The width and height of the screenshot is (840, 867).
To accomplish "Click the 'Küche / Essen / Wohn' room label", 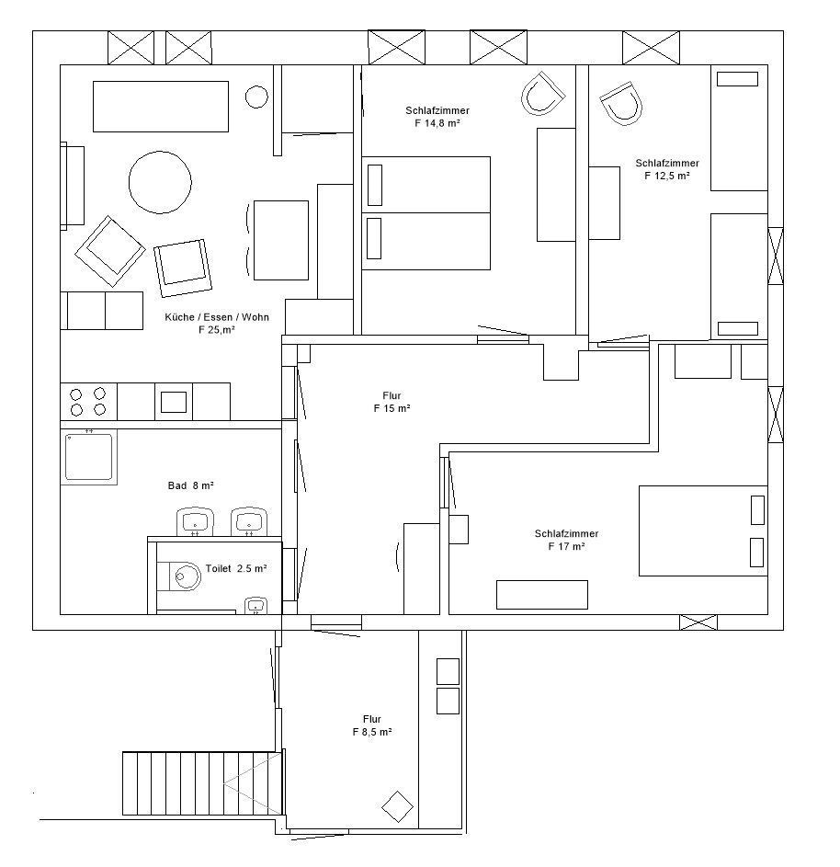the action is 217,317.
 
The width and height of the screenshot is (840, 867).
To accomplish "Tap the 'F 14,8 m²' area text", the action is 437,123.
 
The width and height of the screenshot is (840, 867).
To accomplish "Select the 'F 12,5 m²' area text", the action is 667,176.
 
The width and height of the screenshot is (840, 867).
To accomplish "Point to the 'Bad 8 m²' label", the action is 190,485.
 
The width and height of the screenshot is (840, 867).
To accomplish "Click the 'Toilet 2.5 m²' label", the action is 236,568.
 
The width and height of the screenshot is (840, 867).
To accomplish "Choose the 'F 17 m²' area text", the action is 566,546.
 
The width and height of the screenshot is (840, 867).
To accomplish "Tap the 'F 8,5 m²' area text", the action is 372,732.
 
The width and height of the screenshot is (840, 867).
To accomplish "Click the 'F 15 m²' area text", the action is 392,408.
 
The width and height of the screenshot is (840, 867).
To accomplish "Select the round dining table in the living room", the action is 160,182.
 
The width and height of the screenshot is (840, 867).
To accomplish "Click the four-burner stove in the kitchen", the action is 88,402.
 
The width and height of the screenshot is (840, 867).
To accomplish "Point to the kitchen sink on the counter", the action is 174,402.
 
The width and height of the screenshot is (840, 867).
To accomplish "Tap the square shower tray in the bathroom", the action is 88,457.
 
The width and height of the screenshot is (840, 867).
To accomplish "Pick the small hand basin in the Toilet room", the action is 255,606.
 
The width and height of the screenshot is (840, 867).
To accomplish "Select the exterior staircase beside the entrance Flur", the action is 202,783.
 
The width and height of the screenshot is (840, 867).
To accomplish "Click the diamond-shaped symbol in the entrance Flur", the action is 398,806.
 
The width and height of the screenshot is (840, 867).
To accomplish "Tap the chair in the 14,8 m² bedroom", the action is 544,94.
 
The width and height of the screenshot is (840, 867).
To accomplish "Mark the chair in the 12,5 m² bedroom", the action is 621,104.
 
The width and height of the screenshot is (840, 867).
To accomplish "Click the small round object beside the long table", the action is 256,97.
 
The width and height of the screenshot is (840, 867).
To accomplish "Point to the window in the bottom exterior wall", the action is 698,622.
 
